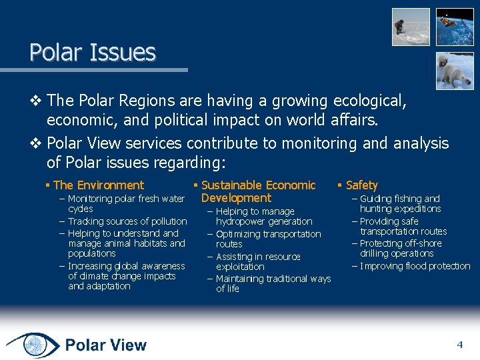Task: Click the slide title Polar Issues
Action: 92,52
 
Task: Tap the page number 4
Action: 459,345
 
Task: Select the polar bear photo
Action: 455,71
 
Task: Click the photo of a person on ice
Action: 410,27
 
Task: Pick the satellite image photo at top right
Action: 455,27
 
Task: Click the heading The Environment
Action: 98,185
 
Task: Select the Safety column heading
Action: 361,185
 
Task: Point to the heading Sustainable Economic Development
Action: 257,191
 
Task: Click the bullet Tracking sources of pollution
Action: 127,221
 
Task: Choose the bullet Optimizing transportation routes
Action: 268,239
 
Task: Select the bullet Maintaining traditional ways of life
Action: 273,283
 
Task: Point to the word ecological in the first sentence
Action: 366,101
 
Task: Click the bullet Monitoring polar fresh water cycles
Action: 125,203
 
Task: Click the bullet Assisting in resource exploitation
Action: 257,261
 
